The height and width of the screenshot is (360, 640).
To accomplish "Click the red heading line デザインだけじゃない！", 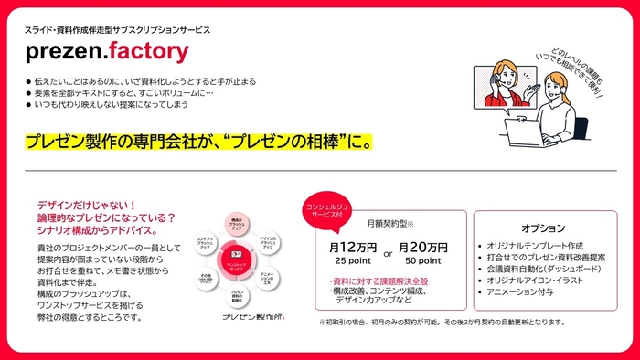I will (x=86, y=206).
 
